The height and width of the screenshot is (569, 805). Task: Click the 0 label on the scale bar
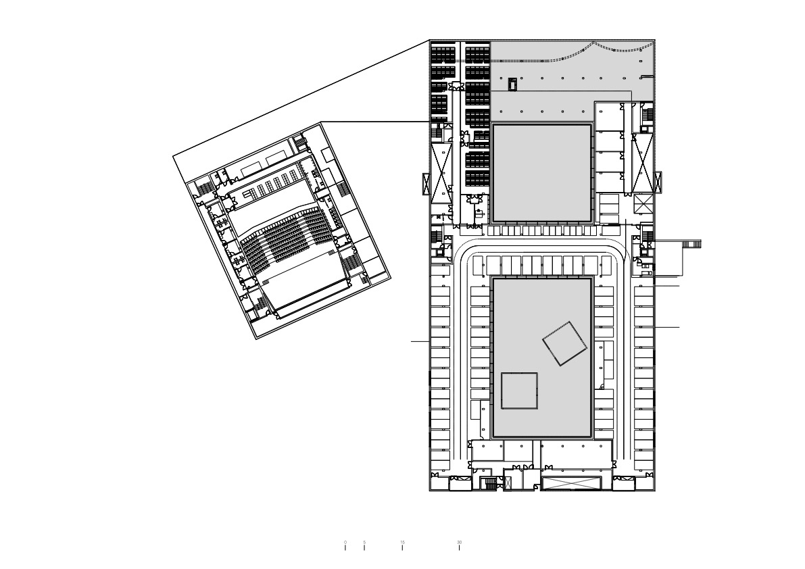coord(345,542)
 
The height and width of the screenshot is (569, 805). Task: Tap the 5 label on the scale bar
coord(364,542)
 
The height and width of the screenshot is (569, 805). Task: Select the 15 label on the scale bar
coord(402,542)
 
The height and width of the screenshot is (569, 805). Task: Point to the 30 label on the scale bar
coord(460,542)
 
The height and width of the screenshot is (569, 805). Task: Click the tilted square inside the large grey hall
coord(564,344)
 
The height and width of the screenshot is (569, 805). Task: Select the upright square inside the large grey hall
coord(519,391)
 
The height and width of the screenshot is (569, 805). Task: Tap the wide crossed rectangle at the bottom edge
coord(571,483)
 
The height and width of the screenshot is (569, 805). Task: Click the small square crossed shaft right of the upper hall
coord(643,203)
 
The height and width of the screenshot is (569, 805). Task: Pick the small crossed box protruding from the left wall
coord(426,184)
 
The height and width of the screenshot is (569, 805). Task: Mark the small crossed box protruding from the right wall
coord(659,182)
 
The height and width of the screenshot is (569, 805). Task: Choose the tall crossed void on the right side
coord(642,162)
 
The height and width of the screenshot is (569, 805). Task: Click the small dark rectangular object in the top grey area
coord(512,84)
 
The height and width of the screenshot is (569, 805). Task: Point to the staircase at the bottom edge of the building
coord(488,483)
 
